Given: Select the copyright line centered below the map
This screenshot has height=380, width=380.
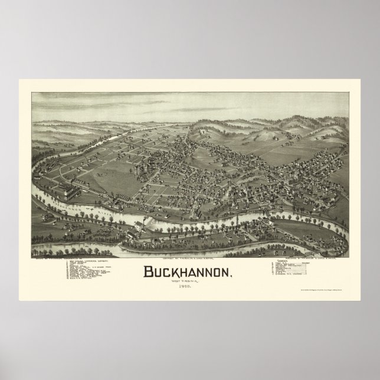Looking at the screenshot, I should [x=189, y=242].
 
